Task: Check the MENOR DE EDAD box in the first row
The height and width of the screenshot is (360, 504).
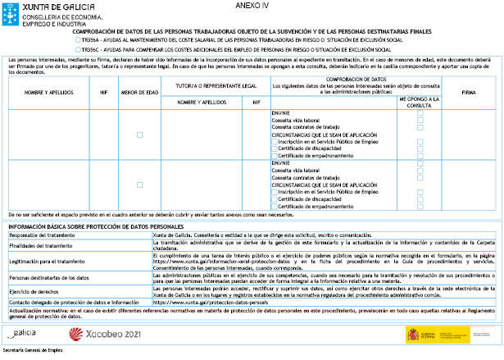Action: tap(139, 134)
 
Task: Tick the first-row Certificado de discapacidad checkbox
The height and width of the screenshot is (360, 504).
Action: tap(275, 149)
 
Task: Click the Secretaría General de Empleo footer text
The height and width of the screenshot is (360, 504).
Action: tap(33, 350)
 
